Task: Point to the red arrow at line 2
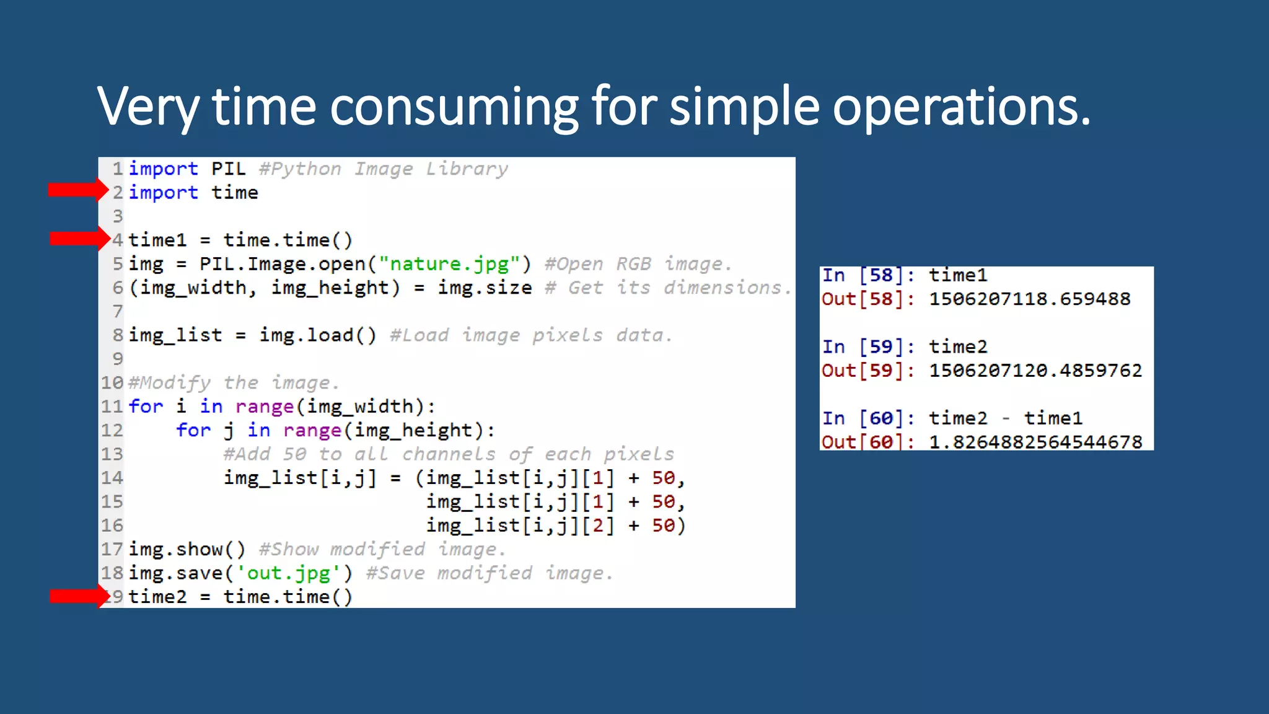click(x=78, y=190)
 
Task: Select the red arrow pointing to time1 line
click(x=79, y=239)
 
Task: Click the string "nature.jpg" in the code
click(x=449, y=264)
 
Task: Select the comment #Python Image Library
click(x=383, y=169)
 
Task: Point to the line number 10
click(x=112, y=382)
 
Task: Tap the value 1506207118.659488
click(x=1029, y=299)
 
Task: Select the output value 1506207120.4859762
click(x=1035, y=370)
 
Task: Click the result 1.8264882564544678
click(x=1035, y=442)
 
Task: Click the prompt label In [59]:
click(x=867, y=346)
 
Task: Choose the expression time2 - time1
click(x=1005, y=418)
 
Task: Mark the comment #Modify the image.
click(x=234, y=382)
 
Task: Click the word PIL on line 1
click(x=228, y=169)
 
